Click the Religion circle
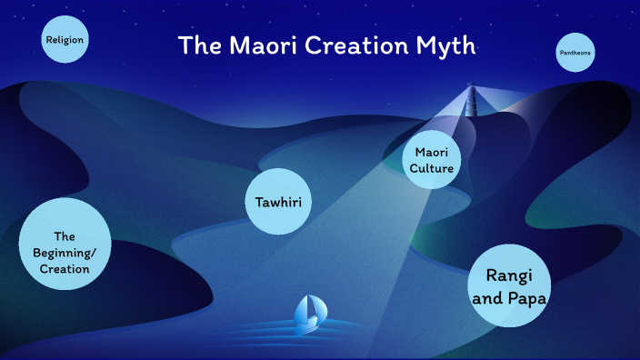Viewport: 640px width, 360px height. click(65, 40)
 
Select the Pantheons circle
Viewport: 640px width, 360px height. click(575, 54)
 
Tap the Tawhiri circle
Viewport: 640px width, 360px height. click(278, 200)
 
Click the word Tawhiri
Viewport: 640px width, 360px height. click(278, 200)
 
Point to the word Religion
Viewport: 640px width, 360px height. click(65, 40)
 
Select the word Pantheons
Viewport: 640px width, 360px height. click(575, 54)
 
